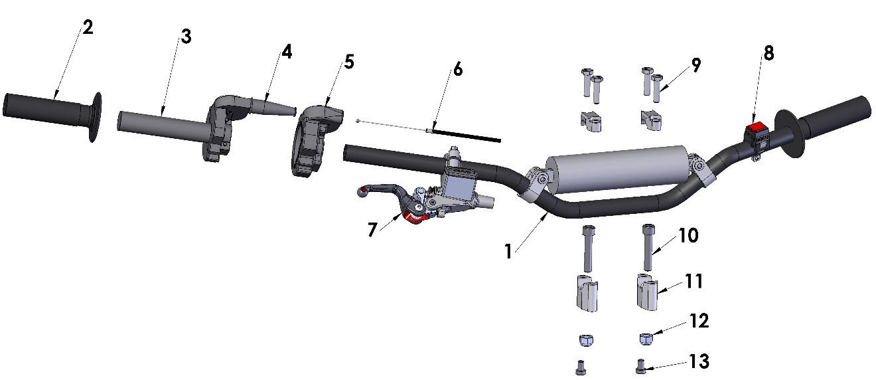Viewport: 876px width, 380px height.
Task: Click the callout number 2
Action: pyautogui.click(x=88, y=28)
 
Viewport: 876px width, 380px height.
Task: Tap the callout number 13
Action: pyautogui.click(x=699, y=361)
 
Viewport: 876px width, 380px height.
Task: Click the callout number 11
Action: pyautogui.click(x=694, y=282)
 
